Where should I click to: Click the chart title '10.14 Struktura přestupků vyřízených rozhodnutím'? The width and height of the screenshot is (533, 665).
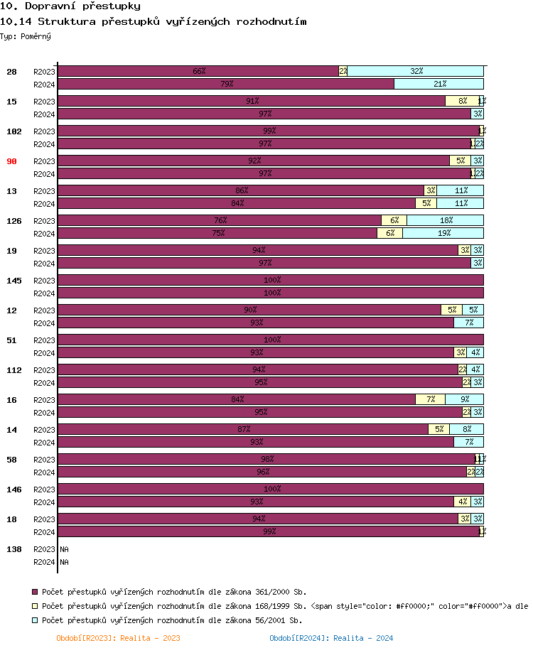154,21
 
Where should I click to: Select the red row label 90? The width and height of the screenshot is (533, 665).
11,161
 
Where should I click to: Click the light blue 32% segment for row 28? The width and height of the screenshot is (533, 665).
416,71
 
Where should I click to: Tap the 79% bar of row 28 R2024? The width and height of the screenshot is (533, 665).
226,84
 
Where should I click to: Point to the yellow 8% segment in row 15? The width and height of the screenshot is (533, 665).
462,101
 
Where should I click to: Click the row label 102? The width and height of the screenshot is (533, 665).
14,131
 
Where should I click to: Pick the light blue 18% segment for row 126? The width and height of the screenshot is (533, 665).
445,220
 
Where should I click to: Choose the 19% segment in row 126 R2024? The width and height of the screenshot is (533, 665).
443,233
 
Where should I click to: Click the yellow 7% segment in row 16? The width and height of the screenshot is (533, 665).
430,399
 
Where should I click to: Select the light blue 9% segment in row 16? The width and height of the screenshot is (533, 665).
464,399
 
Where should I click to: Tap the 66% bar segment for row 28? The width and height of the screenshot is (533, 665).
198,71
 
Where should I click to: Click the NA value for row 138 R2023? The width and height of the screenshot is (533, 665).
64,549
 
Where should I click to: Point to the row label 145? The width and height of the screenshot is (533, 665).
14,281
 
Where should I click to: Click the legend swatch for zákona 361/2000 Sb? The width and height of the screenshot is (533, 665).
35,591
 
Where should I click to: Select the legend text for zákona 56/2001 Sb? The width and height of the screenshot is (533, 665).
172,620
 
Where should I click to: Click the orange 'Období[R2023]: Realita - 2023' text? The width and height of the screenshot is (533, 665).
118,638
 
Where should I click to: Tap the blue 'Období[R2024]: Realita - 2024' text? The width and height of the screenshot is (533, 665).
331,638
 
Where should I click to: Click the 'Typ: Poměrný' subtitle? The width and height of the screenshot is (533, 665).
26,36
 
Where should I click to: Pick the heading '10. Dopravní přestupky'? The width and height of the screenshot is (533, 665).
70,6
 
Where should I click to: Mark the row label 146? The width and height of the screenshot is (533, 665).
14,490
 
